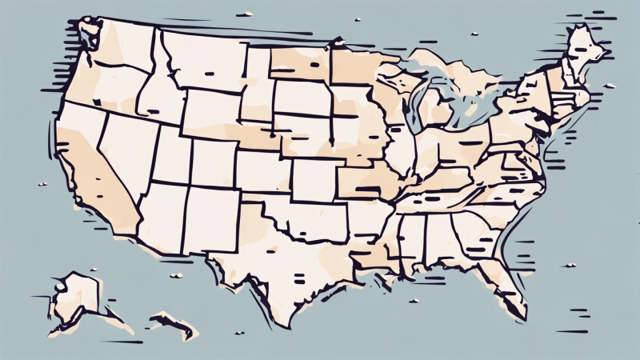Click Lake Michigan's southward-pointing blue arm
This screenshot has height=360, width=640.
pyautogui.click(x=412, y=112)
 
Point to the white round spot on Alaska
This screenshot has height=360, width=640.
pyautogui.click(x=59, y=283)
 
